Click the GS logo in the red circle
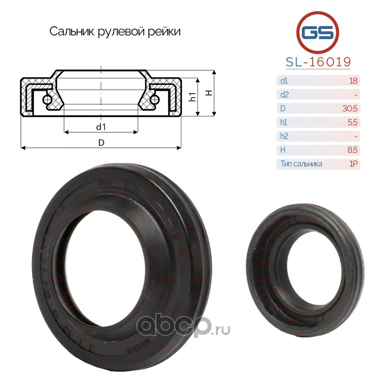pos(317,32)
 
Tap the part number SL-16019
pos(318,62)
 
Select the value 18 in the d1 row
pos(353,81)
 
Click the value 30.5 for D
pos(350,109)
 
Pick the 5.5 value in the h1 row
pos(352,123)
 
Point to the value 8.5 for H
pos(352,150)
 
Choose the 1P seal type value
pos(353,164)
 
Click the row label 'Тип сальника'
pos(301,164)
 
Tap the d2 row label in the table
pos(284,95)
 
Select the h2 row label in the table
pos(284,136)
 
